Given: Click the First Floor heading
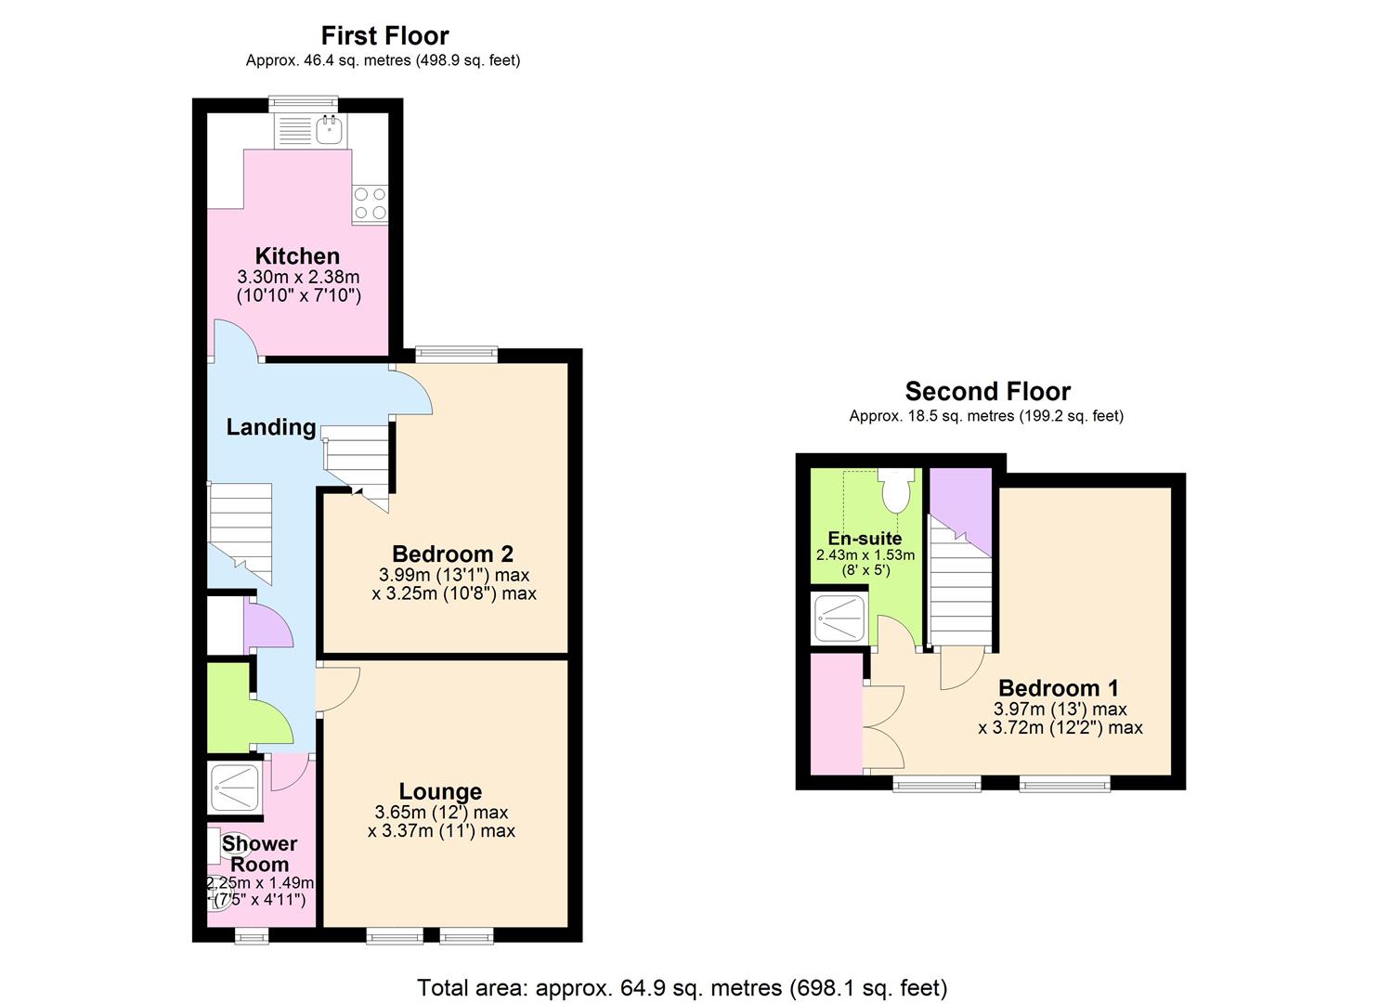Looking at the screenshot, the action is click(384, 35).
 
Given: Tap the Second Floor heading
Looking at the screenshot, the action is click(987, 392).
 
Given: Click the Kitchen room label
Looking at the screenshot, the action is click(297, 255).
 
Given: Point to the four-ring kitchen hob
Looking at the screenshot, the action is click(370, 203).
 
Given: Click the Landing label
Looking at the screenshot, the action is click(271, 426).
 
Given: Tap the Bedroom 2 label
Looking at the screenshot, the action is click(452, 554).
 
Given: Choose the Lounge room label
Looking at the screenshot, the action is click(440, 791).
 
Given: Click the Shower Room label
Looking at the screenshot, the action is click(259, 853).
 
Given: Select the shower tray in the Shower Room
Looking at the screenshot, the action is click(235, 788).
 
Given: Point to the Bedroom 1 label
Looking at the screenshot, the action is click(1059, 687).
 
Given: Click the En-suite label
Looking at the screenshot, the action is click(865, 538).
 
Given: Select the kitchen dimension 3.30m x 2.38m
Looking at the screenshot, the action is click(299, 277).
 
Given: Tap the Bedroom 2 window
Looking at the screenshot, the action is click(456, 355).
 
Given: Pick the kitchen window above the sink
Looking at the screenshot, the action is click(304, 104).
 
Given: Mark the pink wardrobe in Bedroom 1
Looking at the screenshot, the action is click(837, 714).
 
